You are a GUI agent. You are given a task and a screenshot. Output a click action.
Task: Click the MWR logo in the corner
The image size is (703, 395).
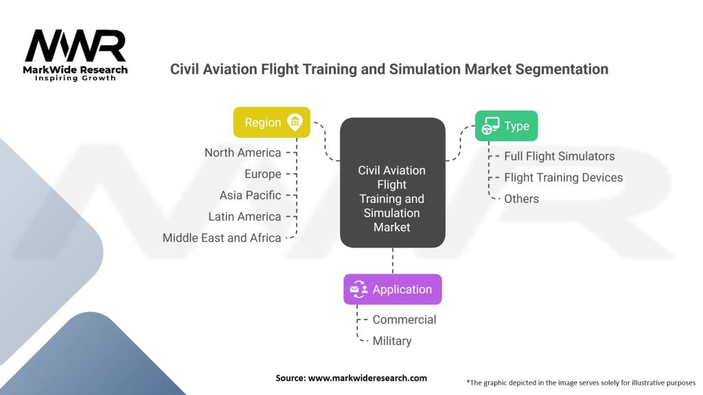(76, 47)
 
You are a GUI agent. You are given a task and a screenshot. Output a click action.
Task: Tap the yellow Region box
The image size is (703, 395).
(271, 122)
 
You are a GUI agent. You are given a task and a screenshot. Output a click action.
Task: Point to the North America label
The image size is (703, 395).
(242, 152)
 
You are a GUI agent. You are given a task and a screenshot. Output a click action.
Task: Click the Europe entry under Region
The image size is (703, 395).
(263, 173)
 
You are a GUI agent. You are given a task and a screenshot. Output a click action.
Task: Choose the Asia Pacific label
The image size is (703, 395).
(250, 195)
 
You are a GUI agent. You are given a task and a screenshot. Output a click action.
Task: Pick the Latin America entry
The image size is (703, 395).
(244, 216)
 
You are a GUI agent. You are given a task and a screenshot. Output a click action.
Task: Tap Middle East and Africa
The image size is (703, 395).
(222, 237)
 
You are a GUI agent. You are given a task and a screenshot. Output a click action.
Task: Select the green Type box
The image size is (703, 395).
(507, 126)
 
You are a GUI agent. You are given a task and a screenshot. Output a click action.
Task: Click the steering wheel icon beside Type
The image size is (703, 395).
(490, 126)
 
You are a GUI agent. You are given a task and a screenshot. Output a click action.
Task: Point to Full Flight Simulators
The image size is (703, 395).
(559, 156)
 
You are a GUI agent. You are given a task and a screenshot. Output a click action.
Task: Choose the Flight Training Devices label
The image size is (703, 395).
(563, 178)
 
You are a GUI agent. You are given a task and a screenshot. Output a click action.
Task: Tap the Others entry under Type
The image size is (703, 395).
(521, 199)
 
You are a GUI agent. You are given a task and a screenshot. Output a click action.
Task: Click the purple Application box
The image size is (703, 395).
(392, 289)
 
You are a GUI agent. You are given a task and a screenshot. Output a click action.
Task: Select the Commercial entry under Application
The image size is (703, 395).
(404, 320)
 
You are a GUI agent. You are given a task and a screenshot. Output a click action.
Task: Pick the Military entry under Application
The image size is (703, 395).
(391, 341)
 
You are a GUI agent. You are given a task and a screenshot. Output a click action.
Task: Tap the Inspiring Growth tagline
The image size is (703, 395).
(76, 78)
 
